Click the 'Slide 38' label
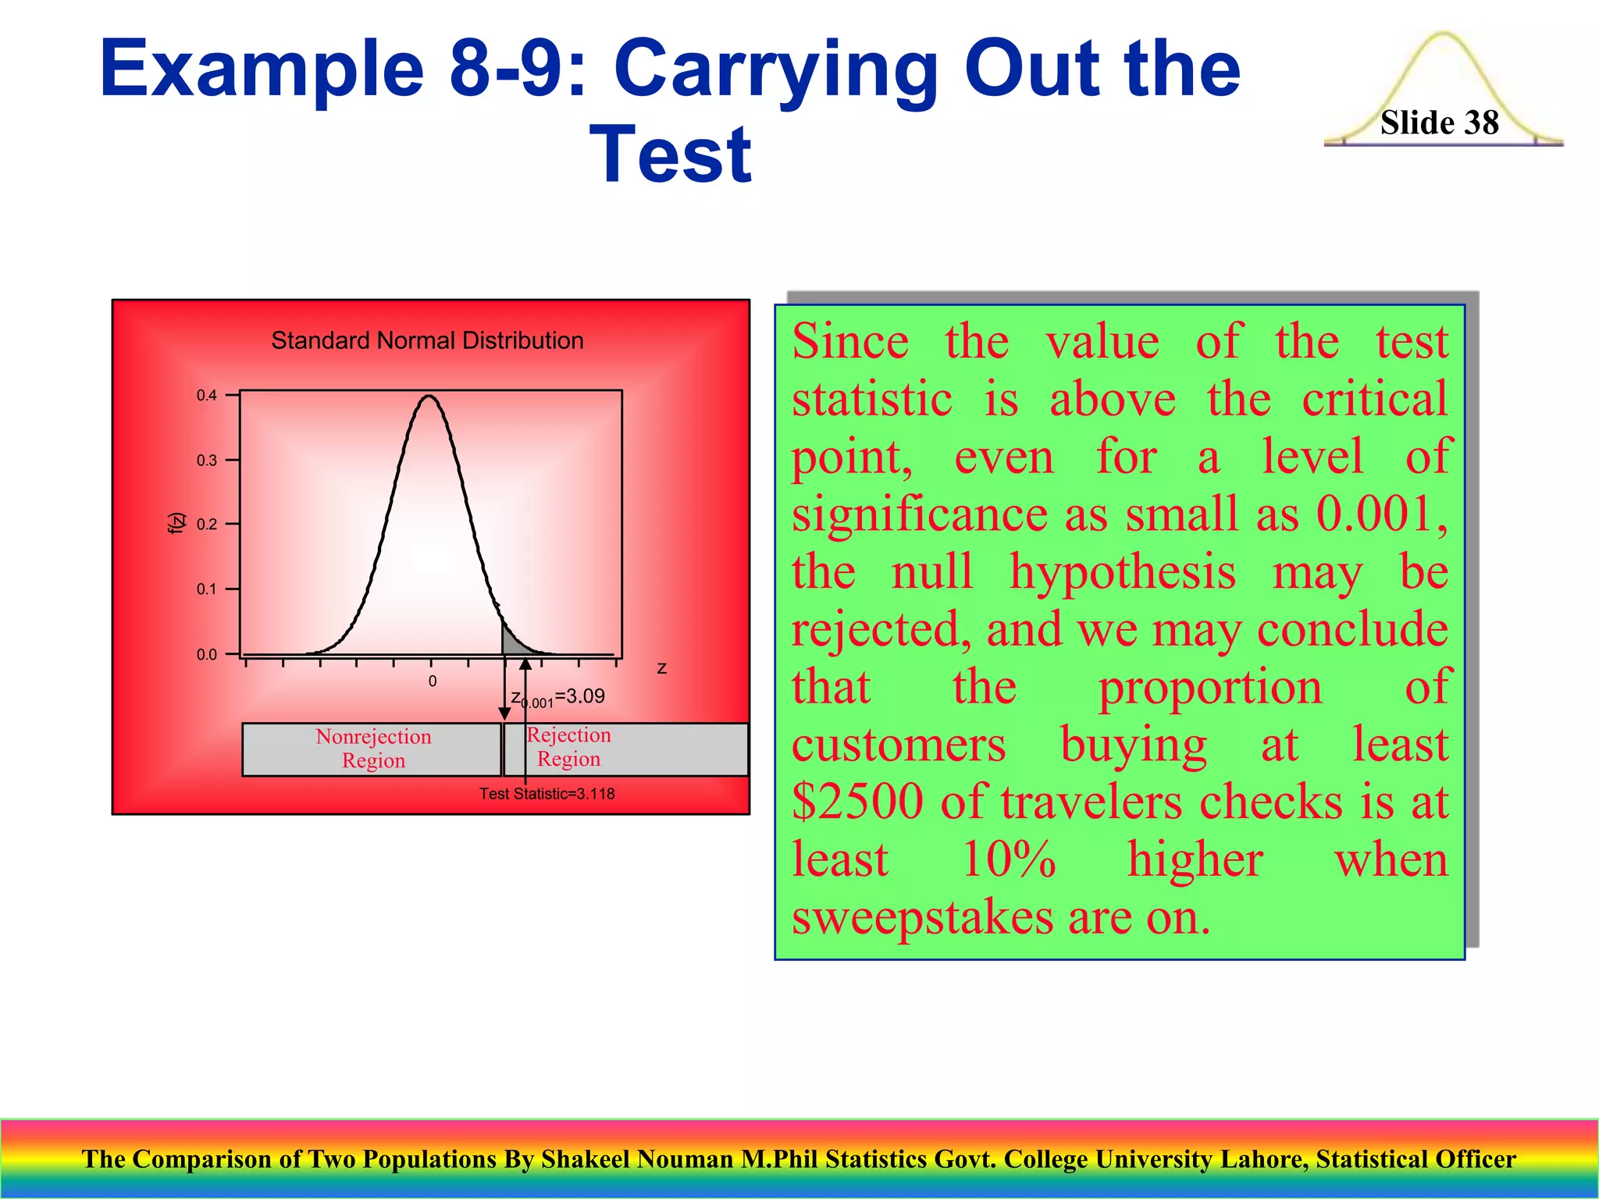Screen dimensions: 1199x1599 pos(1439,123)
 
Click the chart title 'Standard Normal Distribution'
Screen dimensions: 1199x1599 pos(427,340)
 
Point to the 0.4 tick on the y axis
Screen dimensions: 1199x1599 pos(207,395)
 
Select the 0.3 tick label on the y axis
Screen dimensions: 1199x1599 pos(207,461)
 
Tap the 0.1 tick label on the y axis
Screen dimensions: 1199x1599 pos(207,589)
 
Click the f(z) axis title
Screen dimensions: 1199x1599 pos(177,523)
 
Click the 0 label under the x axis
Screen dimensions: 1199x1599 pos(433,681)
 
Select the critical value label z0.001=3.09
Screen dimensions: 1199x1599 pos(557,697)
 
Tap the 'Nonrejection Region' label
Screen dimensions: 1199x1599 pos(373,749)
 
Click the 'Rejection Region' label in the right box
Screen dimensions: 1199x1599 pos(568,747)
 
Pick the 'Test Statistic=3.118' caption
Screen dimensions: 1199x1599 pos(547,794)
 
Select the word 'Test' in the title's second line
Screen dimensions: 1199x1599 pos(671,155)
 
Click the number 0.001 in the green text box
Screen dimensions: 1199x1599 pos(1374,514)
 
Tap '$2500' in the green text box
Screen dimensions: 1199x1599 pos(857,802)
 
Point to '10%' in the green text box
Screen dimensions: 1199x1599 pos(1008,859)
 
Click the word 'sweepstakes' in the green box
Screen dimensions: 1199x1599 pos(921,917)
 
